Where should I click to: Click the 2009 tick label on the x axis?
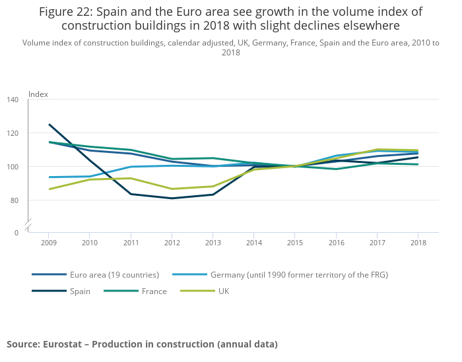click(x=49, y=243)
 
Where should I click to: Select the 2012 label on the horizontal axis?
click(x=172, y=243)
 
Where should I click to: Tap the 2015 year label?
click(x=294, y=243)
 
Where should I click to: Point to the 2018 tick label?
click(x=417, y=243)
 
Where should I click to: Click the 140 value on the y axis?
click(x=13, y=100)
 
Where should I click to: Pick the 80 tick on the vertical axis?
click(x=15, y=200)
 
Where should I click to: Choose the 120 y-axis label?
click(x=13, y=133)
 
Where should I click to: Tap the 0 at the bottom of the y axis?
click(x=16, y=233)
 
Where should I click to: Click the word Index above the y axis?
click(x=38, y=94)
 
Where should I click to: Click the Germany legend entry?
click(x=298, y=274)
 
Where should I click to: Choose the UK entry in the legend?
click(x=224, y=291)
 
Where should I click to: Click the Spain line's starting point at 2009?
click(x=49, y=124)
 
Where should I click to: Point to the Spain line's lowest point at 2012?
click(x=172, y=198)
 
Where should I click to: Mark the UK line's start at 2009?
click(x=49, y=189)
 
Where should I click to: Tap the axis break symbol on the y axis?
click(x=28, y=224)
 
